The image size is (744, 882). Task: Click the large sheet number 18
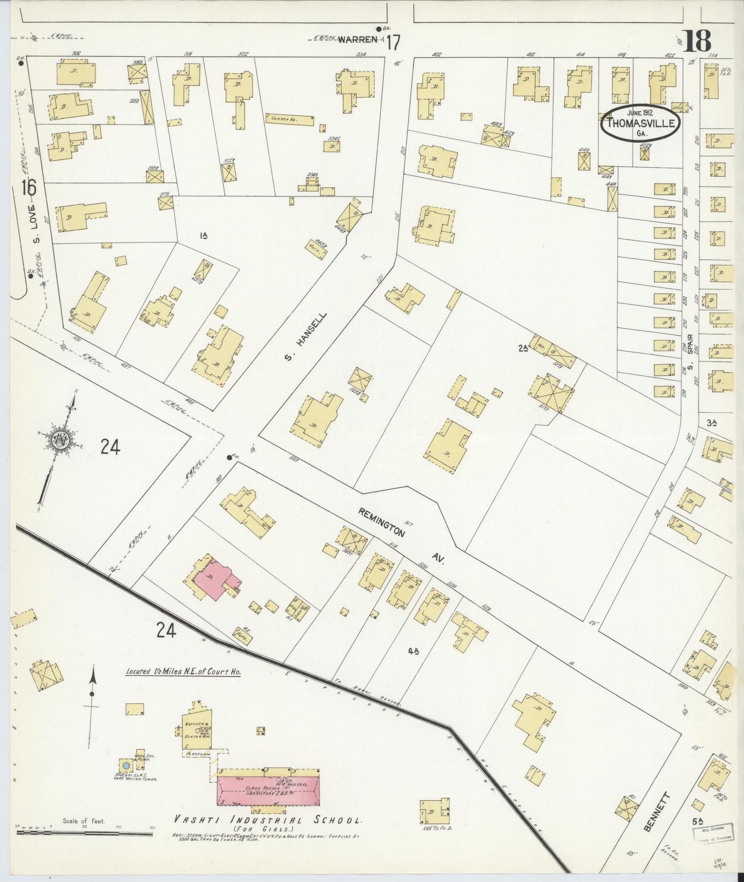(698, 41)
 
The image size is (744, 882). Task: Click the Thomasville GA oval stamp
(641, 122)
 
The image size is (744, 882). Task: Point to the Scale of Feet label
(83, 821)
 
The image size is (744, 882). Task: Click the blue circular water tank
(126, 766)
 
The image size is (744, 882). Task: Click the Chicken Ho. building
(289, 119)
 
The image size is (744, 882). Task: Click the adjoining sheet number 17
(392, 42)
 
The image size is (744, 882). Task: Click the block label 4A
(413, 651)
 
